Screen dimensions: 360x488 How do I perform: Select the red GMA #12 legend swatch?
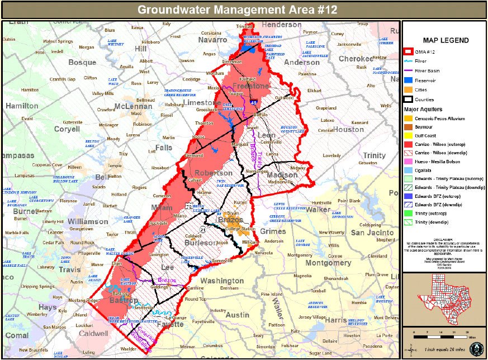411,52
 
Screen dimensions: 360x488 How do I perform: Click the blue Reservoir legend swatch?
411,80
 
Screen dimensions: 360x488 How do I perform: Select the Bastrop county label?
124,301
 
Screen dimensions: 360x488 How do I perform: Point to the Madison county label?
271,174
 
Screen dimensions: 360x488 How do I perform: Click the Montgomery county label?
328,263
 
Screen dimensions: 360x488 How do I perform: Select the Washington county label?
222,281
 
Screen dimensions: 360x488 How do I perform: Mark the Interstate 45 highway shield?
253,103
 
